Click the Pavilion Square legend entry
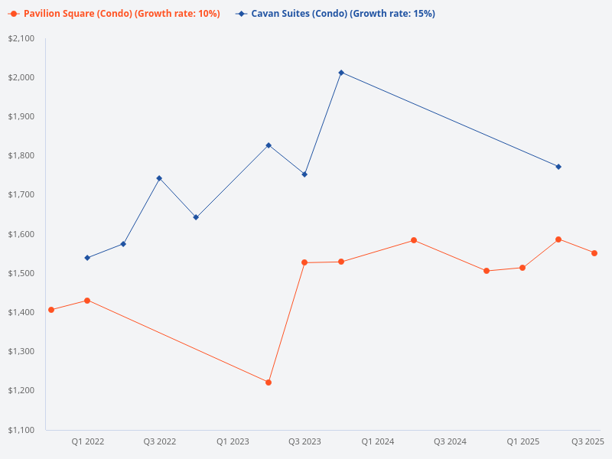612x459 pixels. [115, 14]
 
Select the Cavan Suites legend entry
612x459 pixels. [337, 14]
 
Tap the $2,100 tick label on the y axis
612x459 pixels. [21, 38]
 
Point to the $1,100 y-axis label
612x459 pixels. [21, 430]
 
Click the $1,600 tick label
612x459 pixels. [21, 234]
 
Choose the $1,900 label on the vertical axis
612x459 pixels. [21, 117]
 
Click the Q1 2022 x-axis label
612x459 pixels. [88, 441]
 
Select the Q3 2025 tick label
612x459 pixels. [588, 441]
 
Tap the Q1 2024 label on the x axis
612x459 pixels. [378, 441]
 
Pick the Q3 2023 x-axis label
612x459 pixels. [304, 441]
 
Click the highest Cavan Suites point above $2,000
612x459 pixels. [341, 73]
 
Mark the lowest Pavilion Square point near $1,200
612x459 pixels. [269, 382]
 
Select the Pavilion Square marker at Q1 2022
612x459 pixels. [87, 301]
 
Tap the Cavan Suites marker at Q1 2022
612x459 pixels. [87, 258]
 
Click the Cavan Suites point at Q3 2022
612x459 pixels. [159, 178]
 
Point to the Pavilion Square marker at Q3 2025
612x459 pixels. [594, 253]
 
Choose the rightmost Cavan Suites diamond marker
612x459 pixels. [558, 167]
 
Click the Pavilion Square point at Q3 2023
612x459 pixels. [304, 262]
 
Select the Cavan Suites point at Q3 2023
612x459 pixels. [304, 174]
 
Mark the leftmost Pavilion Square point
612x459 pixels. [51, 310]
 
